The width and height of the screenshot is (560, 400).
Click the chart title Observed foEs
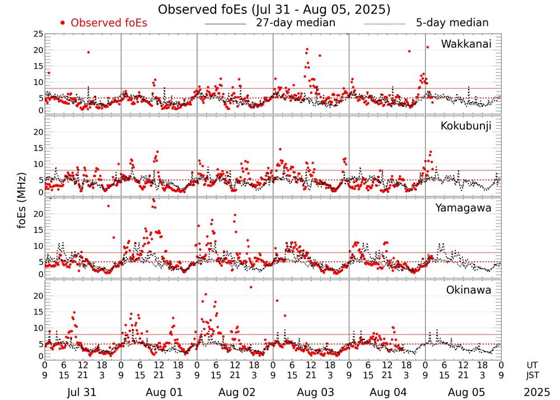point(274,10)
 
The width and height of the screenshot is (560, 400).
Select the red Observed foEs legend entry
point(104,23)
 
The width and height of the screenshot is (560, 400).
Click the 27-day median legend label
point(295,23)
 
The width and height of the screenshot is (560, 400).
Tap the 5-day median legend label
point(452,23)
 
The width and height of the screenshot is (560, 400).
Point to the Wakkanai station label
point(466,44)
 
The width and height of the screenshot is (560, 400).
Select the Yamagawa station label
point(463,208)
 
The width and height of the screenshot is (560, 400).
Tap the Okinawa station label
point(468,290)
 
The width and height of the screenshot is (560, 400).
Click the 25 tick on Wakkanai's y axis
point(38,34)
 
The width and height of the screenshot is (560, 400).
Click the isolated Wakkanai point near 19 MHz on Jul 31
point(88,52)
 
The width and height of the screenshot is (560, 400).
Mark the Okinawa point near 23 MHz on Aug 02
point(251,287)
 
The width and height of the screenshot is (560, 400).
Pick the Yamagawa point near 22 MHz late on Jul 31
point(108,206)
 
